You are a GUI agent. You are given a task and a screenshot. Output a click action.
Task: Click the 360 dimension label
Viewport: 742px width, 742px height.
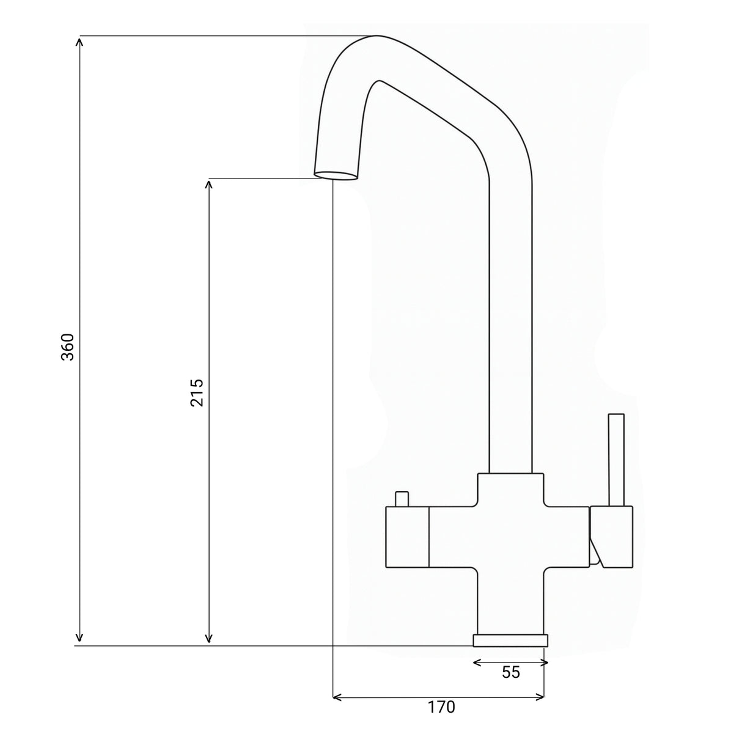click(x=68, y=347)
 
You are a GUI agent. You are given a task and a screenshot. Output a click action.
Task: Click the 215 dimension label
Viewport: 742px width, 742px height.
click(x=196, y=392)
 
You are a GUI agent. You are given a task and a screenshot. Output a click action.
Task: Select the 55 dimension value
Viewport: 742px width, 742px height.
click(x=510, y=672)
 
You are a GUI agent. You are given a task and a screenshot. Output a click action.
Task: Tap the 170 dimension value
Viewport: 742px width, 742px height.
click(x=441, y=707)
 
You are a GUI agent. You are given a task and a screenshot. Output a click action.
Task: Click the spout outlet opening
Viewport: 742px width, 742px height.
click(x=336, y=175)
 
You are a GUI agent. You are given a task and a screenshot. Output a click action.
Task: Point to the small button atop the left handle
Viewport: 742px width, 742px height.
click(x=402, y=499)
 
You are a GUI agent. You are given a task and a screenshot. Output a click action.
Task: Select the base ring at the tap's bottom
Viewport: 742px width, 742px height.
click(x=510, y=640)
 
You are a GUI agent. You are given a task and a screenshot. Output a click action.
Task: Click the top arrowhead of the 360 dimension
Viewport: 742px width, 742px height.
click(x=79, y=42)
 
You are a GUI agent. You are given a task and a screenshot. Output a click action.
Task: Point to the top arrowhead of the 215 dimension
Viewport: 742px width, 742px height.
click(x=209, y=183)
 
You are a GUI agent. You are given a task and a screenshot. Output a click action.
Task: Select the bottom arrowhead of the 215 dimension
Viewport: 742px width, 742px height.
click(x=209, y=639)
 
